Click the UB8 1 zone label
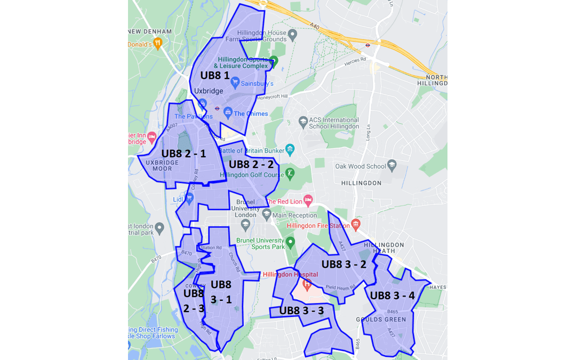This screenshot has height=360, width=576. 215,76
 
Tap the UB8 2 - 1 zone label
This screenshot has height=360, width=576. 183,154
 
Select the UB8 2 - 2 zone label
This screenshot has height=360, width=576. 251,164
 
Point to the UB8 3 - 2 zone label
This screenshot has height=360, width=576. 343,263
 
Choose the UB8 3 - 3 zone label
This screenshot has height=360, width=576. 301,310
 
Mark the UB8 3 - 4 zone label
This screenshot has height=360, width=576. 392,295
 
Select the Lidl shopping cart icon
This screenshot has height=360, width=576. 189,198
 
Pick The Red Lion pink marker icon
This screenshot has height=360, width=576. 308,201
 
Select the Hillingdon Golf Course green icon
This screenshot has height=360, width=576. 290,173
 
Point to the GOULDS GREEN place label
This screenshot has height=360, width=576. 381,319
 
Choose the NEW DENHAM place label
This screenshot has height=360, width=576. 150,31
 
